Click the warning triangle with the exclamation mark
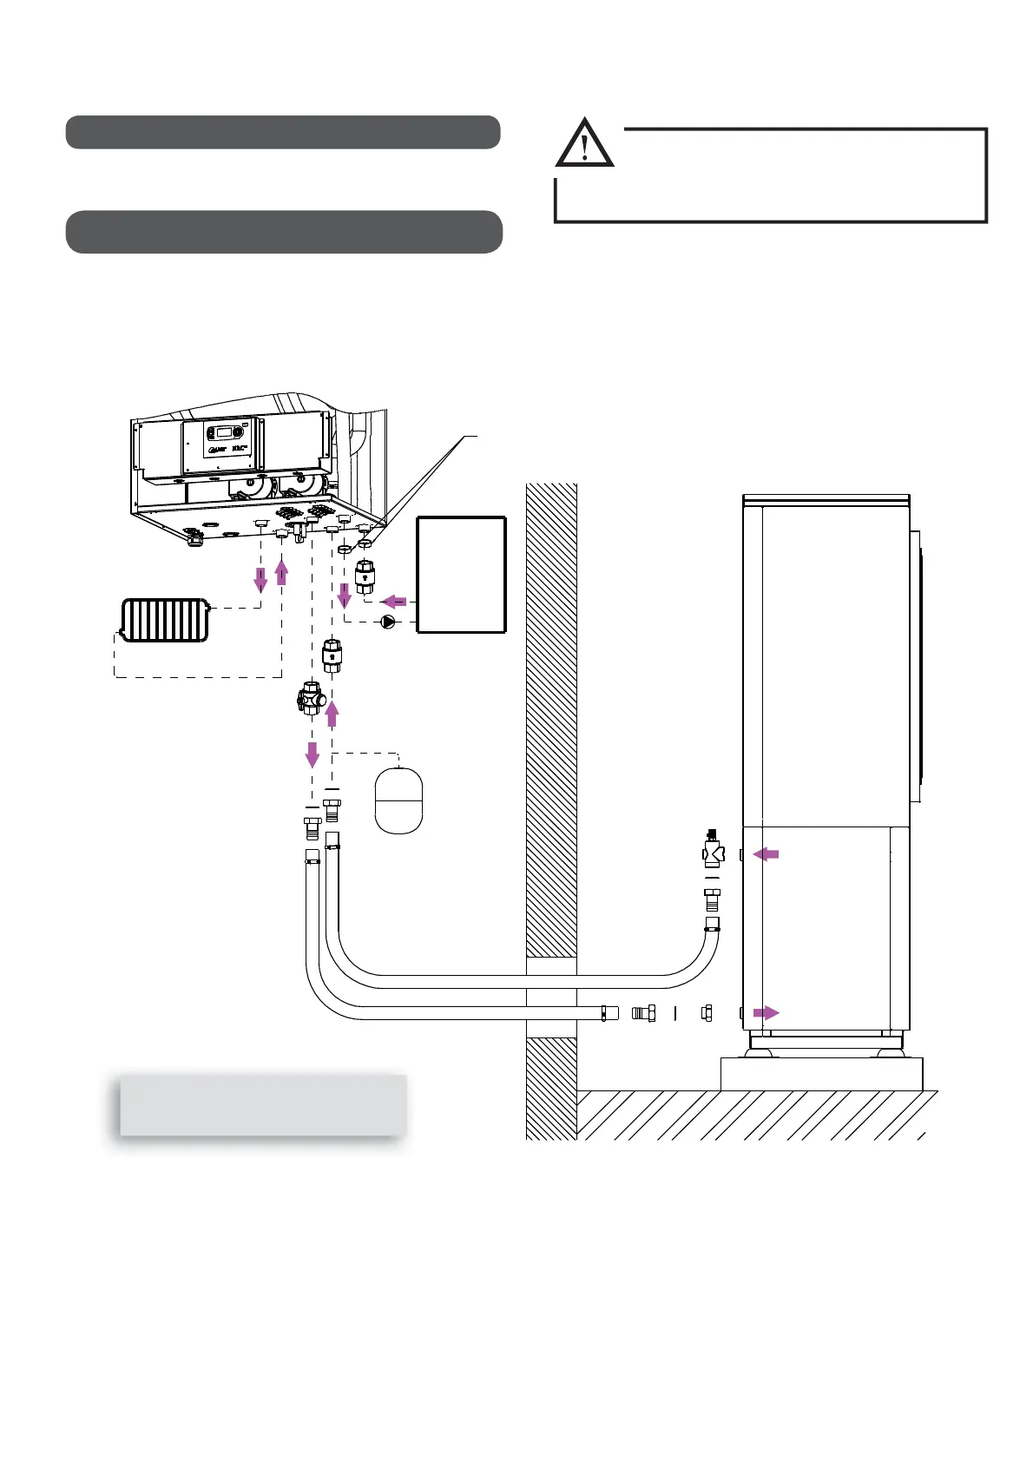[x=584, y=144]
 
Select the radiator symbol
[x=164, y=620]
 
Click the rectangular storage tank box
[x=461, y=575]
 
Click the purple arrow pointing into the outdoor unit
[x=766, y=855]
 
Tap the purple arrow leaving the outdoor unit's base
[x=766, y=1012]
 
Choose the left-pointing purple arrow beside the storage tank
[x=395, y=601]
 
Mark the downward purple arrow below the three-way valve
[x=312, y=754]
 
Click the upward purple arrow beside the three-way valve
[x=332, y=714]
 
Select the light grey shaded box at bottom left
[x=262, y=1104]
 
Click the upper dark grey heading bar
[x=283, y=132]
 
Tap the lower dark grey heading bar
[x=284, y=232]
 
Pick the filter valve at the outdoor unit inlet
[x=714, y=851]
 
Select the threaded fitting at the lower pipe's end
[x=643, y=1012]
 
